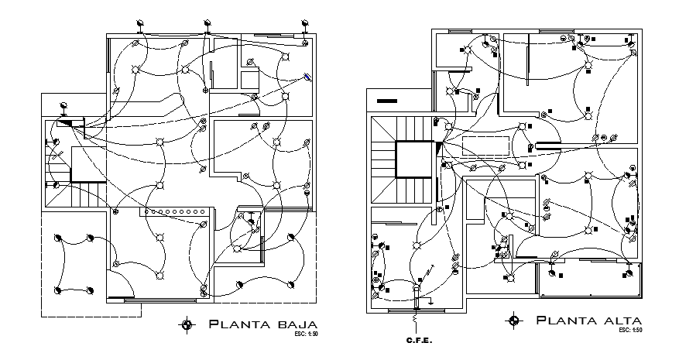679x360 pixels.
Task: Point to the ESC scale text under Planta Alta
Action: click(x=631, y=331)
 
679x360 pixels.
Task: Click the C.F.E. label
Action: click(x=417, y=341)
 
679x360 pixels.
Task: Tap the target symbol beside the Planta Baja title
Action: click(x=186, y=325)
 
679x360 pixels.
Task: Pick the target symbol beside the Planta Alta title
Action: click(x=513, y=321)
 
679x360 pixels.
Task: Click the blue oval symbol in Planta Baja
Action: click(x=307, y=76)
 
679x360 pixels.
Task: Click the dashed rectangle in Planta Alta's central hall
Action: click(x=486, y=144)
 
